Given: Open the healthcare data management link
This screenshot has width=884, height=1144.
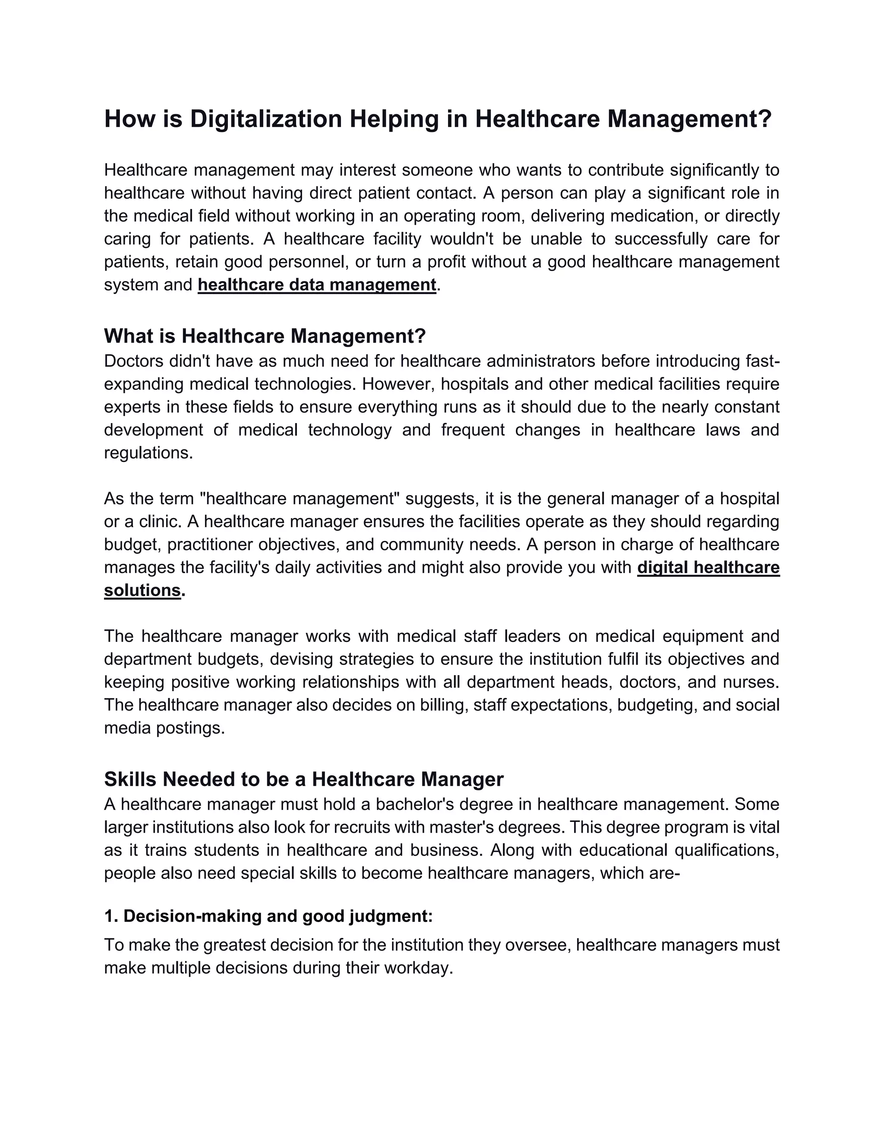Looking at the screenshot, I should pos(317,285).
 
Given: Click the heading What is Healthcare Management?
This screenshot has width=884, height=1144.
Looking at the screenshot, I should pos(265,336).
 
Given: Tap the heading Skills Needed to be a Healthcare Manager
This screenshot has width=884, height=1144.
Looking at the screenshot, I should pos(304,779).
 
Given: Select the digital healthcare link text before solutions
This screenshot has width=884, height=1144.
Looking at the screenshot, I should pos(708,567).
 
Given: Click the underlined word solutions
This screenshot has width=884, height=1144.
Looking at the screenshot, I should pos(142,590).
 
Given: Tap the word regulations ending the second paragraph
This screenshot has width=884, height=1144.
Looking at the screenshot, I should pos(148,452).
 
